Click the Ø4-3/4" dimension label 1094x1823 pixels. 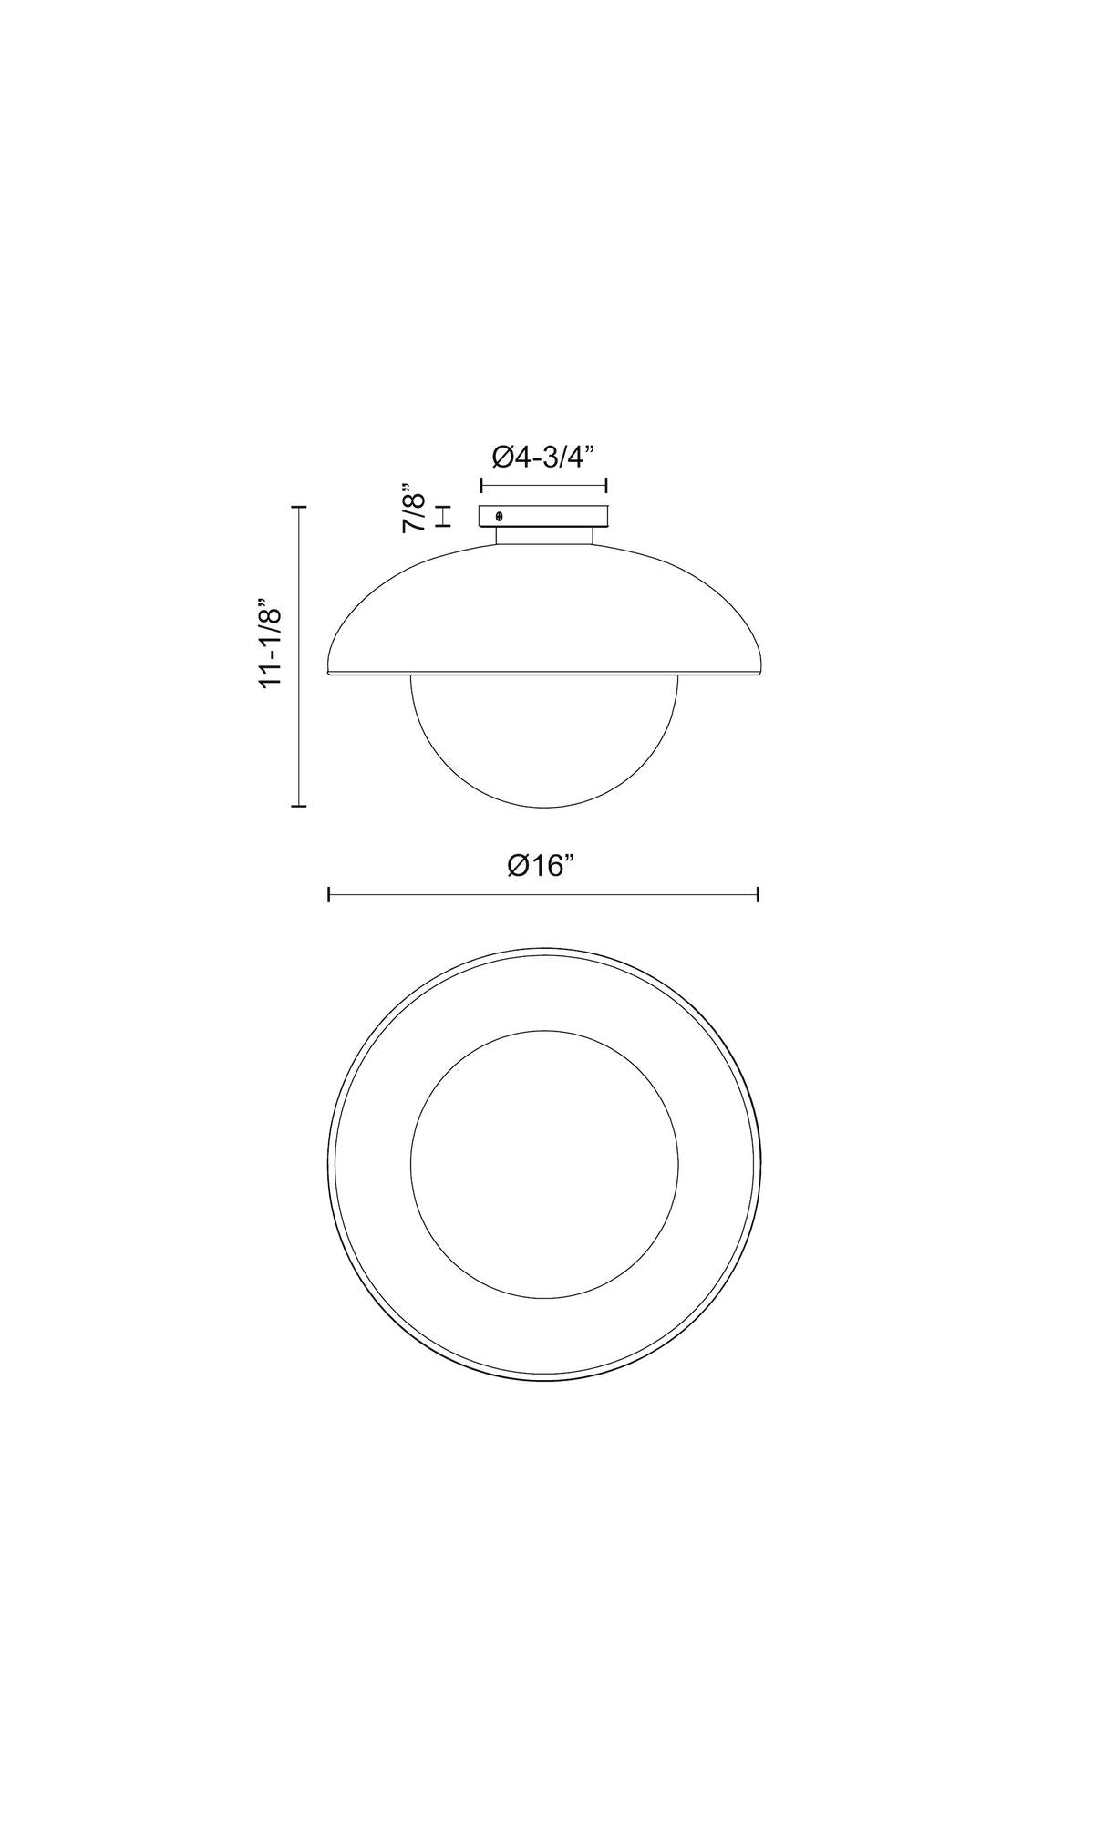point(543,456)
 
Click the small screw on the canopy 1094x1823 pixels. point(498,517)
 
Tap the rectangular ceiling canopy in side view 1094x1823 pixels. point(543,517)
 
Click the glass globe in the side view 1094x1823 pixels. point(544,741)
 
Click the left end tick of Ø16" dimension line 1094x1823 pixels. point(328,895)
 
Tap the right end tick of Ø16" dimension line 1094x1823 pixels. point(759,895)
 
